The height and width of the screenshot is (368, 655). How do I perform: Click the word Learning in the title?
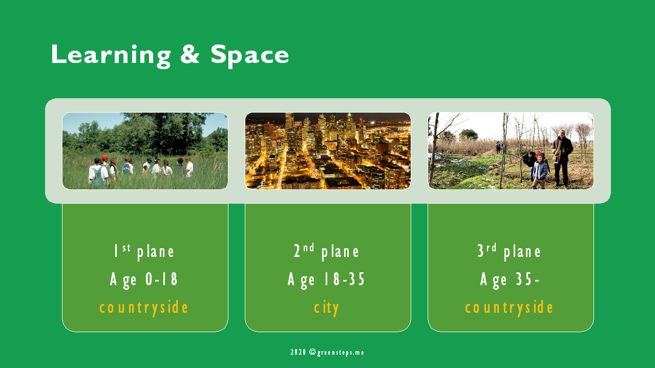point(111,56)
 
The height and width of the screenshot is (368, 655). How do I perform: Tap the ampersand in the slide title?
point(190,54)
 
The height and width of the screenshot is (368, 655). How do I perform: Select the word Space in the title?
point(250,56)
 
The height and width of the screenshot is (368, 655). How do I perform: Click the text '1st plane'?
point(144,252)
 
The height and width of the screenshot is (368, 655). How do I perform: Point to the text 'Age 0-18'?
point(144,280)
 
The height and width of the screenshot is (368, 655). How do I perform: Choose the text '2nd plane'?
point(326,252)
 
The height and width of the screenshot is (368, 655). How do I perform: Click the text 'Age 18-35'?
point(326,280)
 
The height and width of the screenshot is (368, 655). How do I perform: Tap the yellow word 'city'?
point(326,308)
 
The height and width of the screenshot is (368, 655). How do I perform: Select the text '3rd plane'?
point(509,252)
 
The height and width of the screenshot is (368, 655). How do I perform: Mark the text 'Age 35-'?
point(510,280)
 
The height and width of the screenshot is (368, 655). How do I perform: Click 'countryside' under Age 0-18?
point(144,308)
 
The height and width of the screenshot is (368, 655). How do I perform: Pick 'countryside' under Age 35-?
point(509,308)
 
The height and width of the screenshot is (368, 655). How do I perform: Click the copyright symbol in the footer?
point(312,352)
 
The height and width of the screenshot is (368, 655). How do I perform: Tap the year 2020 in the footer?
point(298,352)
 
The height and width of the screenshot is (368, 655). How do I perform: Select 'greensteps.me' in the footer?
point(341,353)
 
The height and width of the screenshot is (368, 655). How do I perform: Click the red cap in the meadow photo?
point(104,158)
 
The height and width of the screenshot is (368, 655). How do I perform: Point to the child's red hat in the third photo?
point(540,155)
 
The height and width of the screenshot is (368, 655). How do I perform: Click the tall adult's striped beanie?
point(562,132)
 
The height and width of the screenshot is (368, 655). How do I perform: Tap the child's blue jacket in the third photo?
point(540,170)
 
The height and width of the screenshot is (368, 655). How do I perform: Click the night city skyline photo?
point(328,151)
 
